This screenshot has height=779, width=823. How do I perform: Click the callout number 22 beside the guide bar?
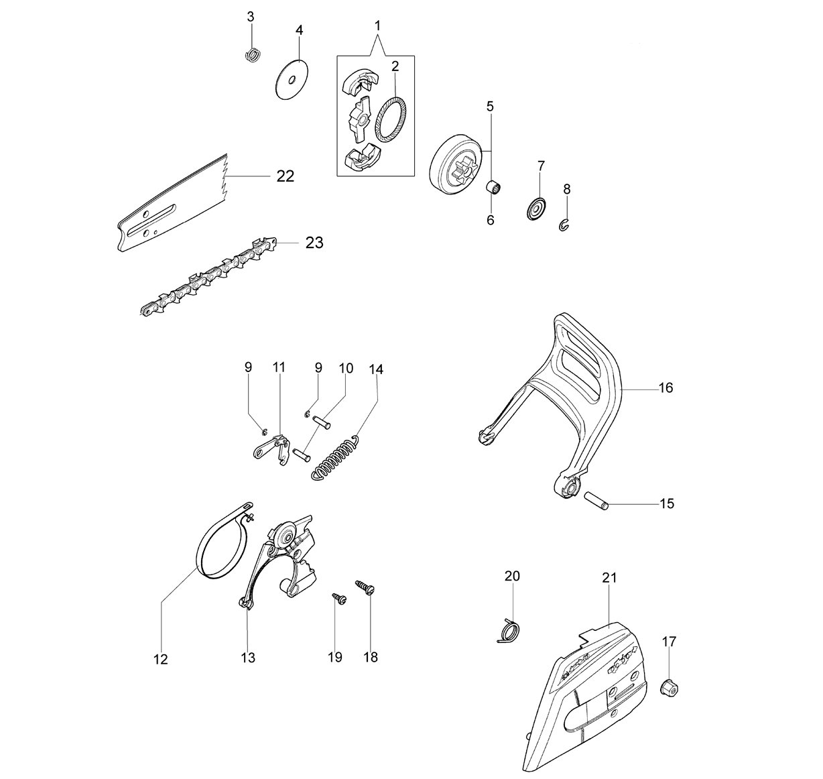pyautogui.click(x=285, y=176)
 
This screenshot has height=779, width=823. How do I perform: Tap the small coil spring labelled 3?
pyautogui.click(x=253, y=55)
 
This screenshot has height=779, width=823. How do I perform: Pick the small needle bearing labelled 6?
pyautogui.click(x=494, y=187)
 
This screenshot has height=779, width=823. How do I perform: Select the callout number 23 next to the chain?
pyautogui.click(x=314, y=242)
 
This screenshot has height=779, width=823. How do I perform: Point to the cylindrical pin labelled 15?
pyautogui.click(x=596, y=501)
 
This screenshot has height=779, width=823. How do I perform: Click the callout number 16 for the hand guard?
pyautogui.click(x=666, y=387)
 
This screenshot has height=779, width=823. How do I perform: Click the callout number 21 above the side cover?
pyautogui.click(x=609, y=578)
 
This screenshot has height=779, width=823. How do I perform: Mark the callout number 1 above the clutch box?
pyautogui.click(x=377, y=25)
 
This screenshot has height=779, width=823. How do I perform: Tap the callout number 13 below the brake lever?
pyautogui.click(x=248, y=657)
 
